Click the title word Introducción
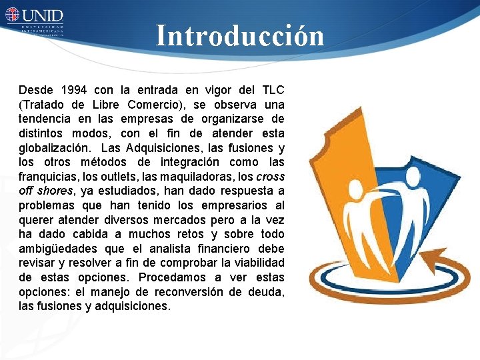pos(240,36)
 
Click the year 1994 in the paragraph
pos(73,89)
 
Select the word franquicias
pos(48,177)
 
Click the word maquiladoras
pos(197,177)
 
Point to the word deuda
pos(267,292)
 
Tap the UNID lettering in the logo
pos(44,15)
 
